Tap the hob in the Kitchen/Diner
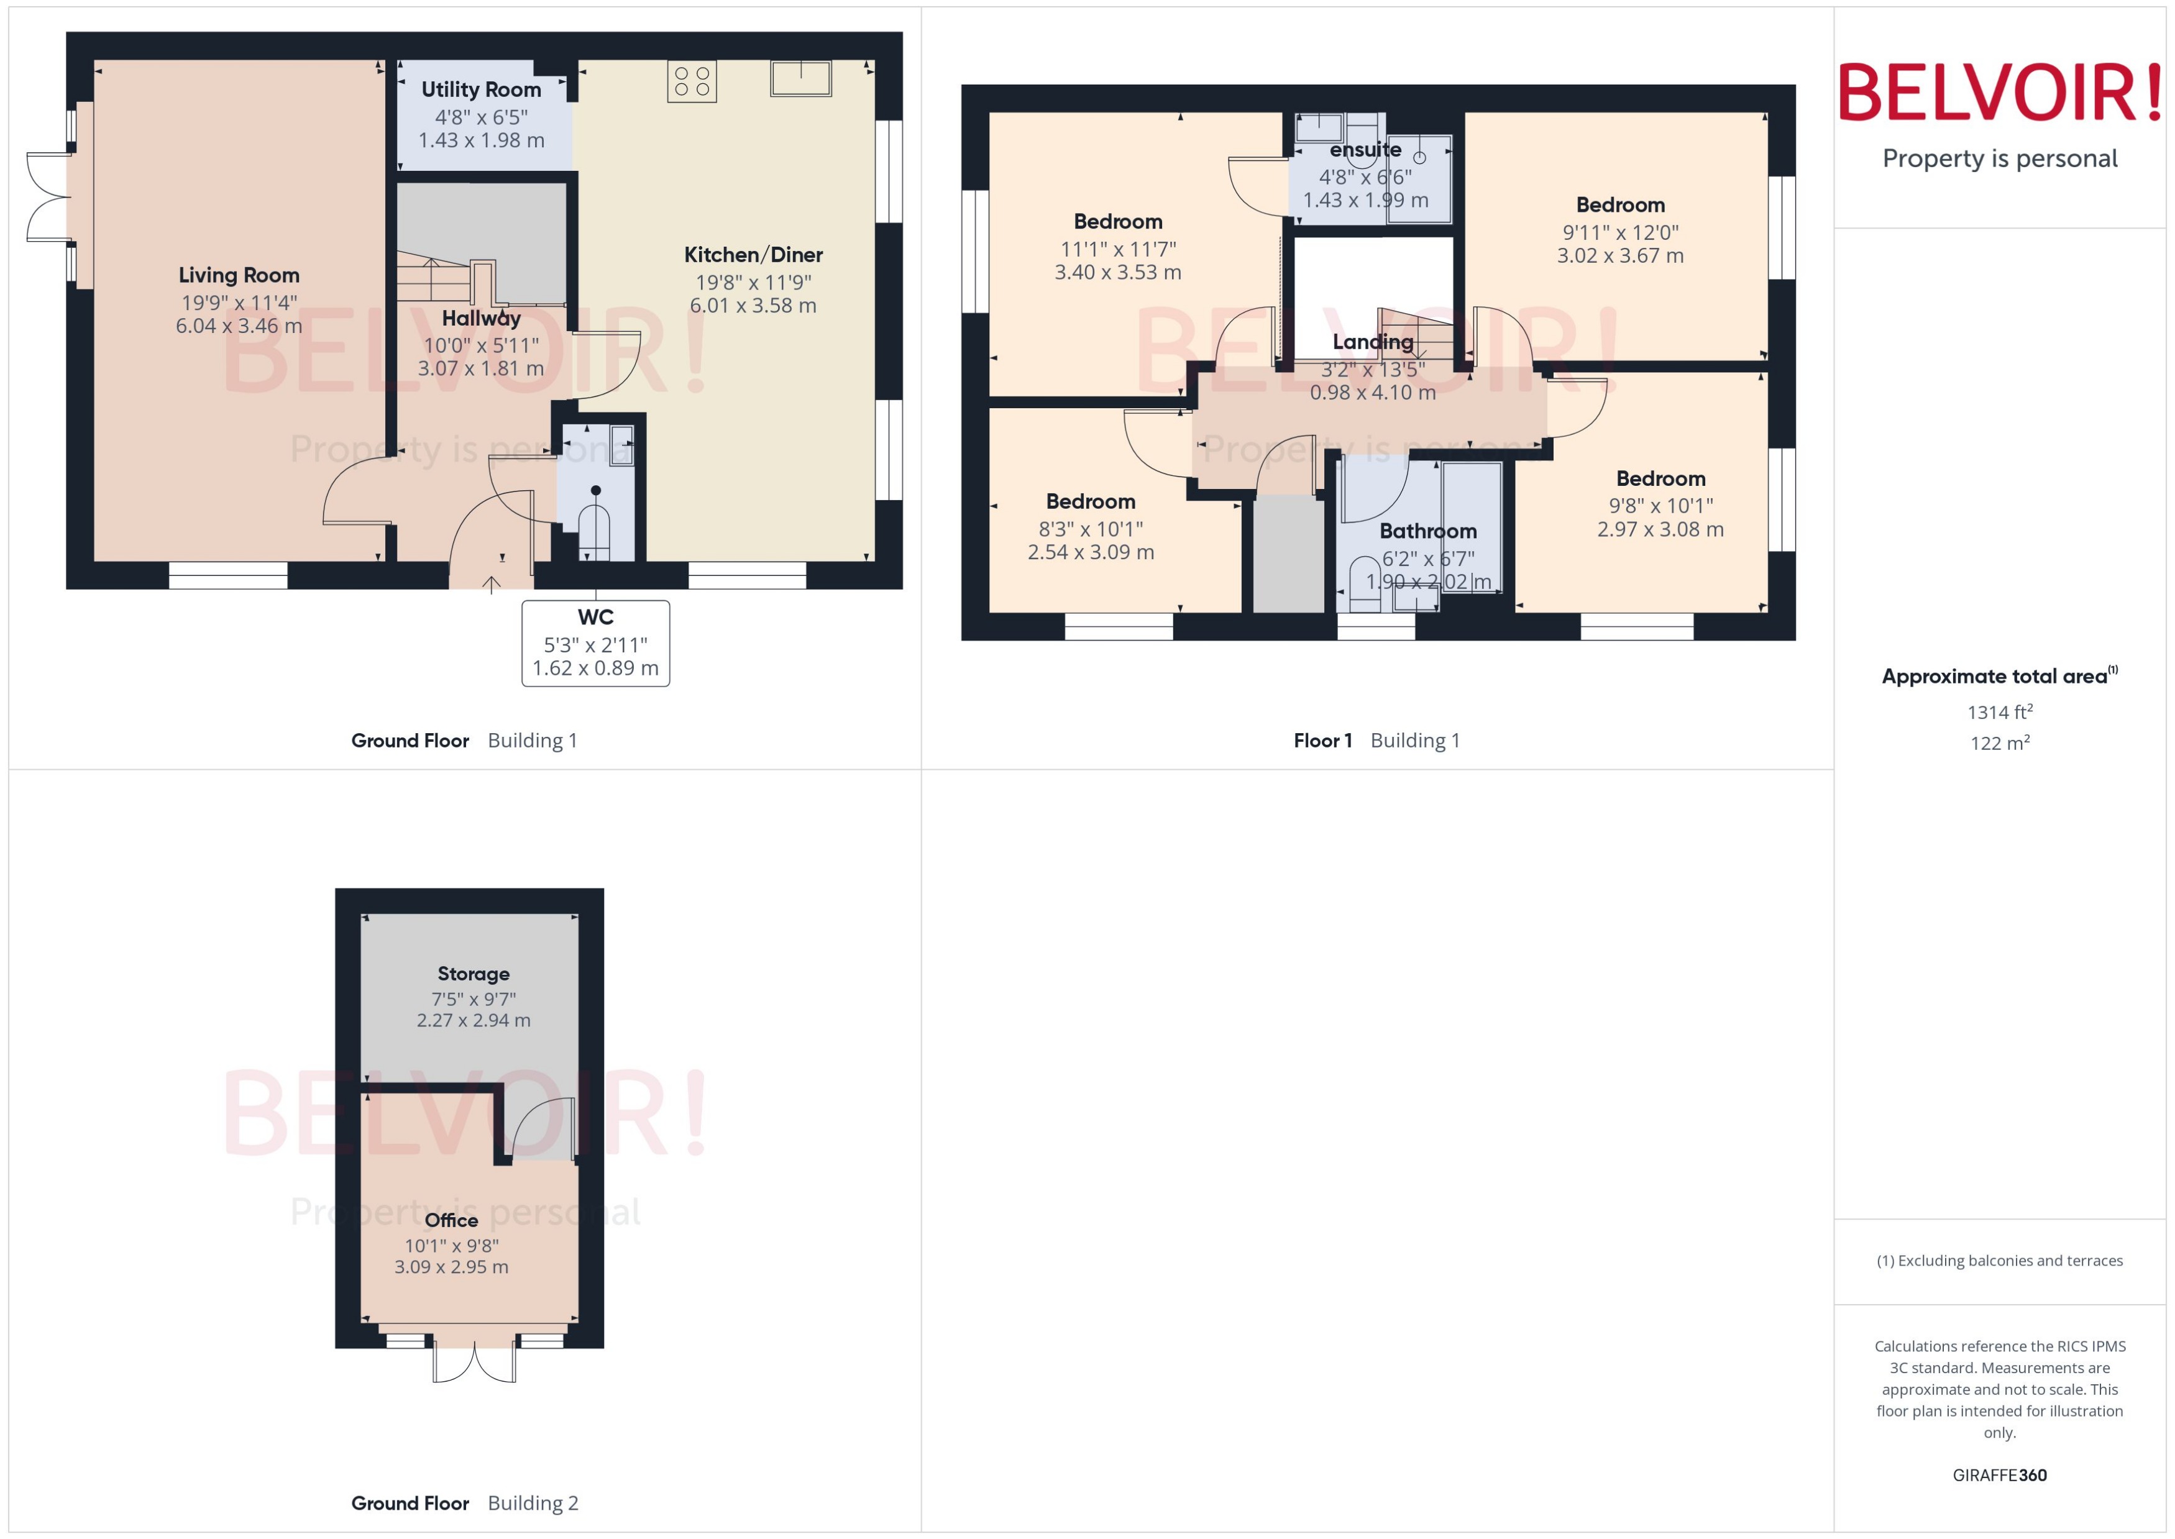click(691, 81)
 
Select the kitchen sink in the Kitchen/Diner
click(801, 79)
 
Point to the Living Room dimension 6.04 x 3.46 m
click(239, 326)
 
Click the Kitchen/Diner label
click(753, 255)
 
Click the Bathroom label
click(1427, 531)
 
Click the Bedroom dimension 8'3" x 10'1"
click(1091, 529)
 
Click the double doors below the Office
click(474, 1361)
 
